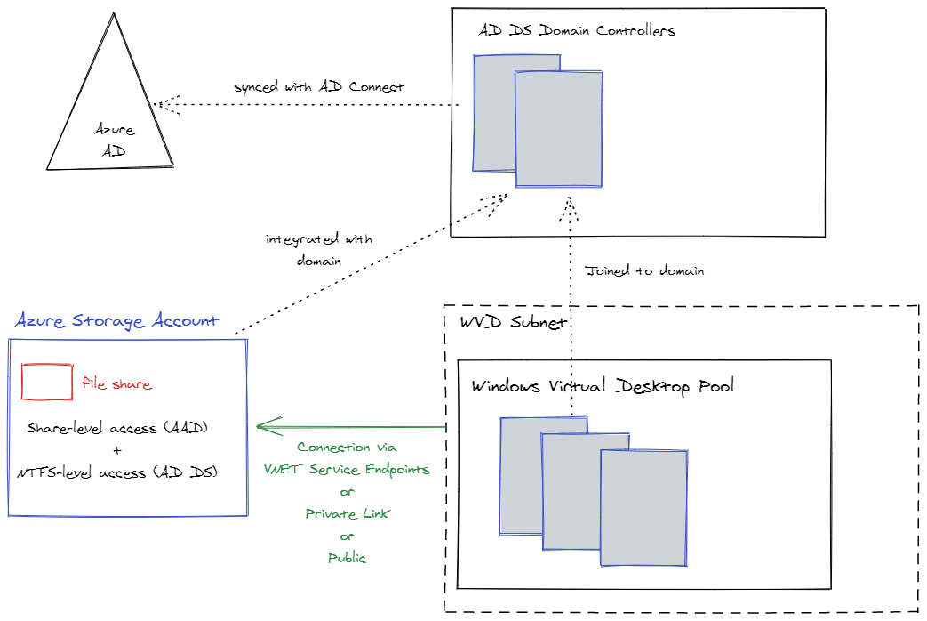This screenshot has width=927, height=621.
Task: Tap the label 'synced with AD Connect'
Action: (x=319, y=87)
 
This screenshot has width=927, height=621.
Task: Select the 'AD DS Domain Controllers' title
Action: (x=577, y=30)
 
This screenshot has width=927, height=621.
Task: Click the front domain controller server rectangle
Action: (x=559, y=130)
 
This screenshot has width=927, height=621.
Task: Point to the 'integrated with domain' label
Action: (x=319, y=250)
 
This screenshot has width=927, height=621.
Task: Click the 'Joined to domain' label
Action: (x=644, y=270)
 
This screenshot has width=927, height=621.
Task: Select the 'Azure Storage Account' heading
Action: (x=116, y=321)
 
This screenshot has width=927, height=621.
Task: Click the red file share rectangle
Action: (x=47, y=382)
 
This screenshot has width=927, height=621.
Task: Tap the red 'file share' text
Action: (x=116, y=384)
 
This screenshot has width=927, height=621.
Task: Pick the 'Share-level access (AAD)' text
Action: (x=117, y=428)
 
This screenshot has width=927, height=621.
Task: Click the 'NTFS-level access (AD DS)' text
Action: (x=117, y=473)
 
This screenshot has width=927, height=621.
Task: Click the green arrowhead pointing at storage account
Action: (x=264, y=426)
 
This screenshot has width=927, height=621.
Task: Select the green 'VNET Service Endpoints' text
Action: (x=347, y=469)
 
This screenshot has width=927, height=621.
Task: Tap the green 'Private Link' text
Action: (x=347, y=513)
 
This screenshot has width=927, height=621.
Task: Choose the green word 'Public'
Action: (x=347, y=558)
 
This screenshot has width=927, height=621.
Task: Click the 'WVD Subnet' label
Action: (x=513, y=322)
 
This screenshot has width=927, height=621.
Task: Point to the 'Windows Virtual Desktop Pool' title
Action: (x=603, y=386)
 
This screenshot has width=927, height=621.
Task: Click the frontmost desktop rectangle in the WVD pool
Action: (x=643, y=508)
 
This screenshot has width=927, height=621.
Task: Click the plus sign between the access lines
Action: (x=117, y=450)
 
